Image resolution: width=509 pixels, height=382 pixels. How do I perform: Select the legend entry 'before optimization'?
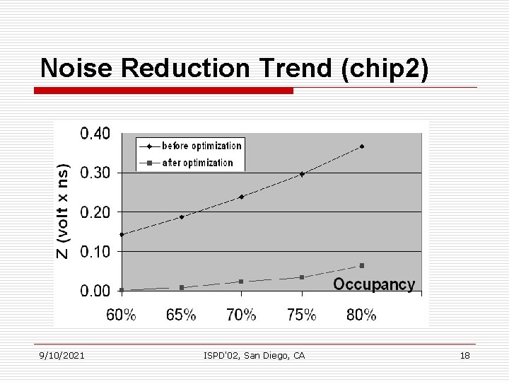point(201,146)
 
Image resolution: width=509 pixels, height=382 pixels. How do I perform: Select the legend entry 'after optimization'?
point(197,163)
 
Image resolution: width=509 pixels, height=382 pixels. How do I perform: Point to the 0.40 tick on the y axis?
point(94,134)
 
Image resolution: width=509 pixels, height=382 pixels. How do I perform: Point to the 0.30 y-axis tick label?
point(94,173)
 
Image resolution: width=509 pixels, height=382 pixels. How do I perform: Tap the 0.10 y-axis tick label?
point(94,251)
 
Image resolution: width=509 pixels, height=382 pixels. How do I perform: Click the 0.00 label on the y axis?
point(94,290)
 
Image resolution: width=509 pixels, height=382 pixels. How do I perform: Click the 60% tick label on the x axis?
point(121,316)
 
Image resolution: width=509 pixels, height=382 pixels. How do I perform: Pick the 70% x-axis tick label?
point(241,316)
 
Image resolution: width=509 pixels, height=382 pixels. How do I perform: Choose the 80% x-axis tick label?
point(361,316)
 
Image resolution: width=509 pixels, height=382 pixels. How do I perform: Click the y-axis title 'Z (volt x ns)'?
point(64,212)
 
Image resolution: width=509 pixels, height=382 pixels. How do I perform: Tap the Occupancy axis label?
point(373,284)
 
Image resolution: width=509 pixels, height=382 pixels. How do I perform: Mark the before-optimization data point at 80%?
point(362,146)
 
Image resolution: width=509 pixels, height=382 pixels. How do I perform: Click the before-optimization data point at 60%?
point(122,234)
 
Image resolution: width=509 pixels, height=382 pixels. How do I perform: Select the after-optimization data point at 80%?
point(362,265)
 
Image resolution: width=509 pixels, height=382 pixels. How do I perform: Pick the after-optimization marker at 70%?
point(241,282)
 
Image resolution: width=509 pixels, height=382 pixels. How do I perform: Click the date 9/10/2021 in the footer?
point(62,356)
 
